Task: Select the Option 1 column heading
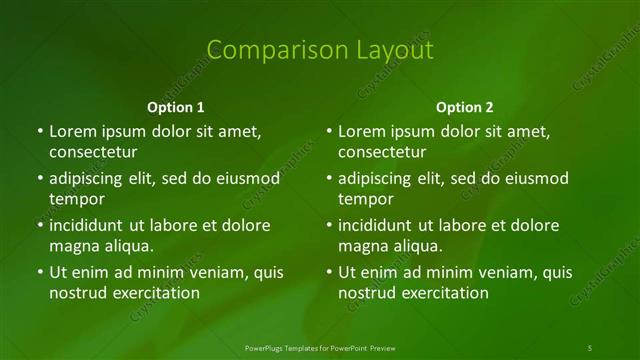point(176,107)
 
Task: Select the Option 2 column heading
point(465,107)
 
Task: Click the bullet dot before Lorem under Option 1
point(40,132)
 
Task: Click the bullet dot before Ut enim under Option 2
point(329,272)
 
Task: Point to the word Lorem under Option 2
point(361,132)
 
